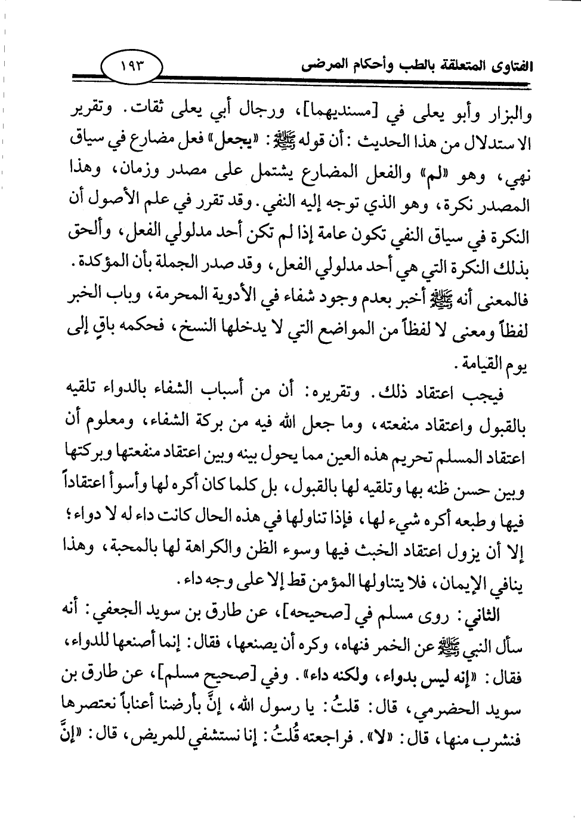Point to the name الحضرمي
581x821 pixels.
tap(444, 711)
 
